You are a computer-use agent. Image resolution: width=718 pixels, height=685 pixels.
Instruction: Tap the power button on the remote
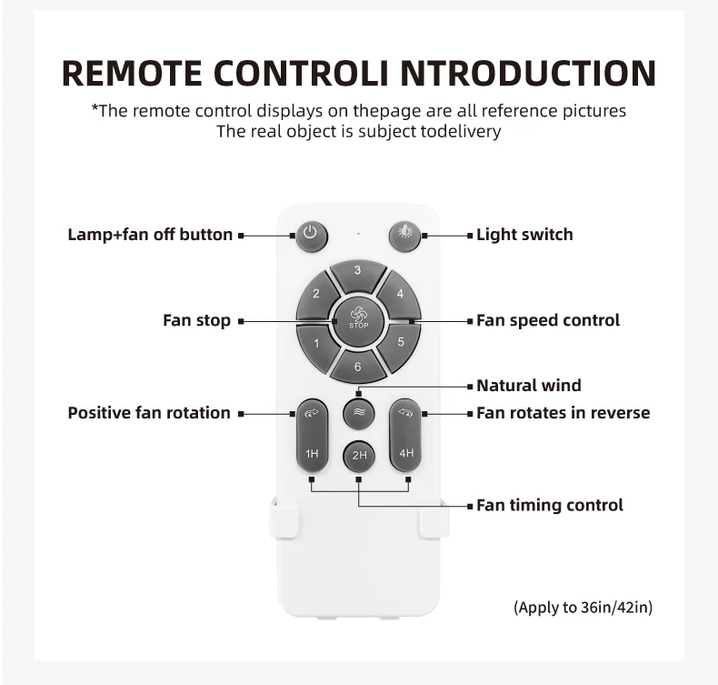(x=310, y=235)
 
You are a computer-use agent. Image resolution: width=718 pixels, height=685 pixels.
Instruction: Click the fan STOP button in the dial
(x=358, y=318)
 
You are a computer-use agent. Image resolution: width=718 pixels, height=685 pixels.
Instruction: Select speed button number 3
(x=358, y=271)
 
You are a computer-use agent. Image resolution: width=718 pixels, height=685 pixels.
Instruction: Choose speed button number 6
(x=358, y=367)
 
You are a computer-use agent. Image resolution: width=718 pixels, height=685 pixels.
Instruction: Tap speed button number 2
(x=316, y=294)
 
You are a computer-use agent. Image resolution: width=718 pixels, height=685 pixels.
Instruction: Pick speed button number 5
(x=400, y=343)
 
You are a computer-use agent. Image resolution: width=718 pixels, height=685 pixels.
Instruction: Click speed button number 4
(x=400, y=294)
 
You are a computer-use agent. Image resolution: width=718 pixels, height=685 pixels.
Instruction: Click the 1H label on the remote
(x=312, y=453)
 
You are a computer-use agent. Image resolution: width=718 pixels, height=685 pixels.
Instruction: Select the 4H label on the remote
(x=405, y=453)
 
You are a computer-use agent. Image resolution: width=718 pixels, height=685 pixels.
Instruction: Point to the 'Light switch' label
(x=524, y=235)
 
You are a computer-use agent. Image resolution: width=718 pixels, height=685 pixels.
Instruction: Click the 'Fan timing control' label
(x=550, y=505)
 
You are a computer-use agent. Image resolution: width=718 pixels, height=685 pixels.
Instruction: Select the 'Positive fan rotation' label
(x=149, y=413)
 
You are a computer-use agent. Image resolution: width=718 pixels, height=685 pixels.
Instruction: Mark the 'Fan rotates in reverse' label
(x=563, y=413)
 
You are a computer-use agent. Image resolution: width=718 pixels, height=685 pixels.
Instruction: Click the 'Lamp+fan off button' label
(x=150, y=235)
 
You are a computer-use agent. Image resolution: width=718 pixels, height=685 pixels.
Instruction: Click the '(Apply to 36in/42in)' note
(x=583, y=607)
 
